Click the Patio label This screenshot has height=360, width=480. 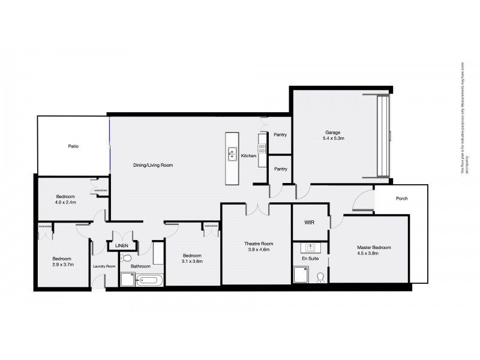point(73,146)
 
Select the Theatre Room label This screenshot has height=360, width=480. point(259,247)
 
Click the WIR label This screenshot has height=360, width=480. point(310,222)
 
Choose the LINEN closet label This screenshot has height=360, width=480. point(122,246)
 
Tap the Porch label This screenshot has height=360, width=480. point(402,199)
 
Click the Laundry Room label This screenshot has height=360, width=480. point(104,266)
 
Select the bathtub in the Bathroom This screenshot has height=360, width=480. point(149,280)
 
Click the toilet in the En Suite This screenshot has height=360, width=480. point(321,277)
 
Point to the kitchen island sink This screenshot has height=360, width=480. point(232,154)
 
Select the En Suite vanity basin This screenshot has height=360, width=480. point(311,247)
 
